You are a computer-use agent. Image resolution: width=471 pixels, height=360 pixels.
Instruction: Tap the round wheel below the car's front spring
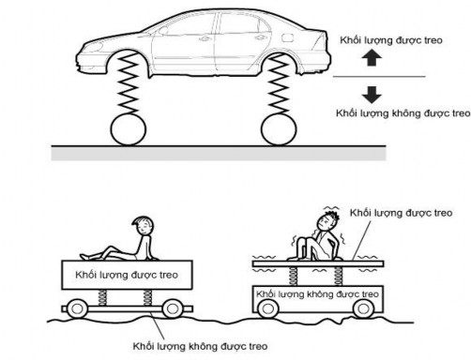(132, 128)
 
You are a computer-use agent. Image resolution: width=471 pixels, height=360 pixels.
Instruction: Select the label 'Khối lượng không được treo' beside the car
(402, 112)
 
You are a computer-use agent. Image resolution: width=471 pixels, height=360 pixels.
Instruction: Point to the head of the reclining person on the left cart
(141, 227)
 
